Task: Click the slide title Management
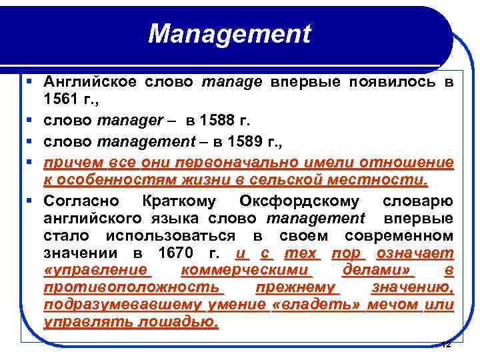(229, 34)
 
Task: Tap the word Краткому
(180, 201)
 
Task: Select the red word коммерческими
(246, 271)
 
